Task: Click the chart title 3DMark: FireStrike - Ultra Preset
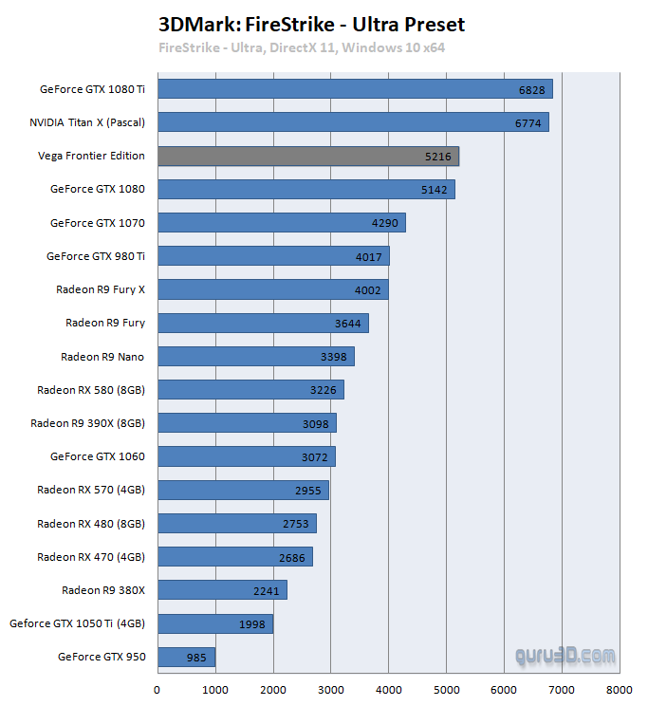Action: tap(312, 24)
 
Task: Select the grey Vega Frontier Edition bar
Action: tap(308, 156)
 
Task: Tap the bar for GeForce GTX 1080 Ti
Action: tap(355, 89)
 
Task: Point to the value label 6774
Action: tap(528, 122)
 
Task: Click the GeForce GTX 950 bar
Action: tap(186, 657)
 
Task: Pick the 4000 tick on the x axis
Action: tap(388, 690)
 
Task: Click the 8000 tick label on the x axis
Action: tap(620, 690)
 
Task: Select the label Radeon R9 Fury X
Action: tap(101, 289)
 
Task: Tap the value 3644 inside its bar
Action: tap(347, 324)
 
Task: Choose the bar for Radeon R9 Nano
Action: tap(255, 357)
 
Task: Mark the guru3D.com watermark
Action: tap(565, 656)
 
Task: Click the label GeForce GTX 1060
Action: tap(98, 456)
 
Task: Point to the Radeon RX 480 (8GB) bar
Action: tap(236, 524)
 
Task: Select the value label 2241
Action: tap(266, 590)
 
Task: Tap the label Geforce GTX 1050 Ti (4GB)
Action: tap(77, 623)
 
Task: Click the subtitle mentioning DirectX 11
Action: tap(302, 47)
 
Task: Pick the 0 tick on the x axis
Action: tap(157, 690)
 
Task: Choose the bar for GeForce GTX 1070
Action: tap(281, 223)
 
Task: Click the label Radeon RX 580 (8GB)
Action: tap(91, 390)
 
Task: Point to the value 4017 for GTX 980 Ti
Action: tap(368, 256)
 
